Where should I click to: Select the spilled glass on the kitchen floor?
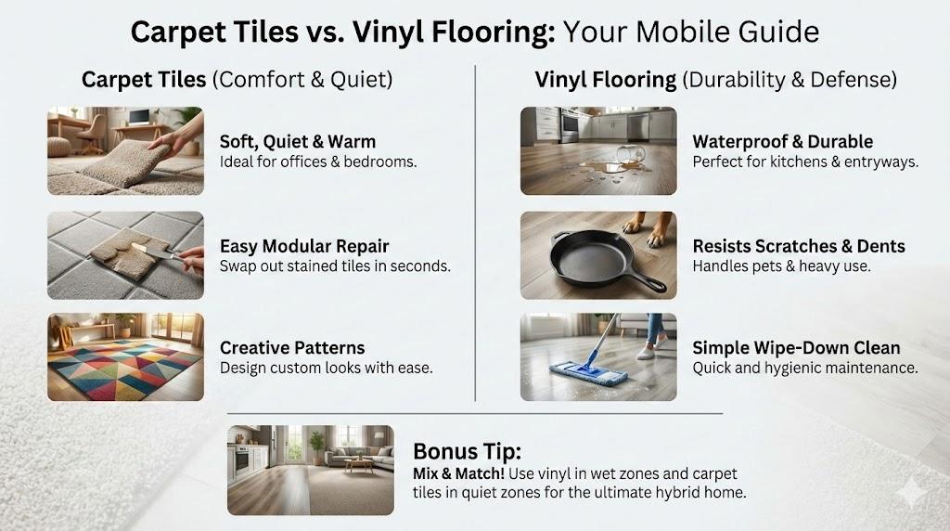(x=628, y=155)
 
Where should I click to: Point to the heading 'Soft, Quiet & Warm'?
(x=298, y=142)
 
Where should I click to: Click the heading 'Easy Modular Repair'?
(x=304, y=246)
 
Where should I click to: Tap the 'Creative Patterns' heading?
(x=292, y=348)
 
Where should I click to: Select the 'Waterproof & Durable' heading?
(x=783, y=142)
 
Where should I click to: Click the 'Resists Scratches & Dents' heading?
(x=799, y=246)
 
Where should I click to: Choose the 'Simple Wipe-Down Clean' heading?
(x=796, y=348)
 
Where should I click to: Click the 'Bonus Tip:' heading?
(x=468, y=451)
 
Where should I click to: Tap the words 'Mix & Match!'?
(x=458, y=473)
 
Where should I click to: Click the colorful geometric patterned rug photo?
(x=125, y=356)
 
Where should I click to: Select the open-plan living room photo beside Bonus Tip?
(x=311, y=470)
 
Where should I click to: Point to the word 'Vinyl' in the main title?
(x=387, y=32)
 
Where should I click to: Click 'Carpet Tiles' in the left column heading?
(x=144, y=80)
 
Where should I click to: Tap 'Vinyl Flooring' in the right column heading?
(x=605, y=80)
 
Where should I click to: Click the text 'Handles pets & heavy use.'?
(x=781, y=266)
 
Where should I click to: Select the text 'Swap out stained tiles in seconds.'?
(x=335, y=266)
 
